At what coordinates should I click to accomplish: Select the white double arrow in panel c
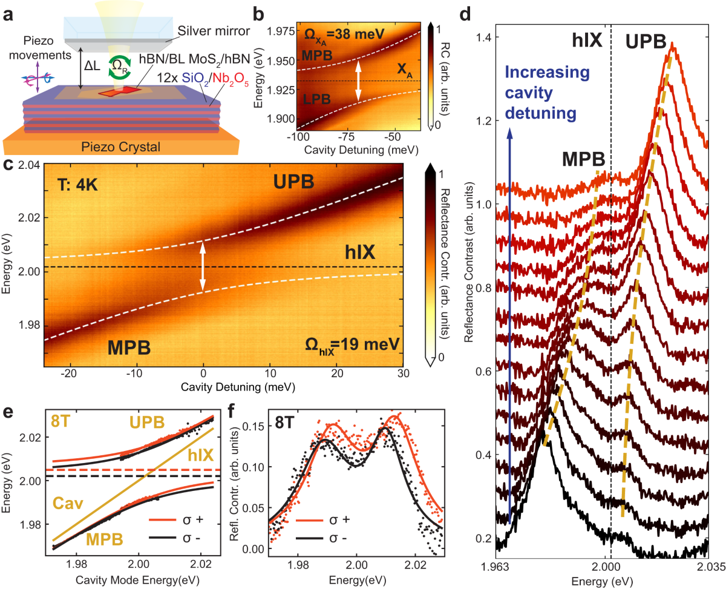(x=203, y=266)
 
